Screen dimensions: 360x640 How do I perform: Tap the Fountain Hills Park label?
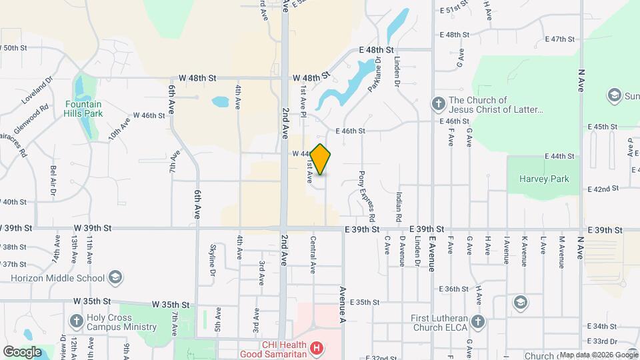pos(83,109)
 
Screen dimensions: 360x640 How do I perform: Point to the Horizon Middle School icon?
pos(115,277)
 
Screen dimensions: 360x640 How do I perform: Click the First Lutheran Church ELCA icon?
pos(477,322)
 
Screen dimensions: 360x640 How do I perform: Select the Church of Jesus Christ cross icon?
pos(438,104)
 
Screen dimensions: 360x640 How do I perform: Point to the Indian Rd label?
pos(399,207)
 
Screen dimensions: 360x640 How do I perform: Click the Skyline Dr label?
pos(213,260)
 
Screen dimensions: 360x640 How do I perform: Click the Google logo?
pos(22,351)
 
